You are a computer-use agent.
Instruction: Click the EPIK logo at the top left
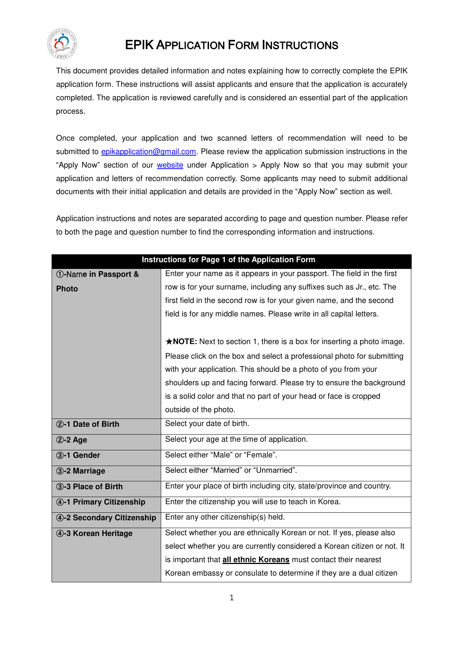coord(62,44)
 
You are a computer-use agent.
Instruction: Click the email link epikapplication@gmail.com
coord(148,151)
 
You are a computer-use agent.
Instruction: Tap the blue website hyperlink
coord(170,165)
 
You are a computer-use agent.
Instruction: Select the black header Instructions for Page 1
coord(228,260)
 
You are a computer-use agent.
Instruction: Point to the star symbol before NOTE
coord(169,341)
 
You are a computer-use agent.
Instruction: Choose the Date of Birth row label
coord(88,424)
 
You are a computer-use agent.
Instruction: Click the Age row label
coord(72,440)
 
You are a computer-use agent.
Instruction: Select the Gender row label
coord(78,455)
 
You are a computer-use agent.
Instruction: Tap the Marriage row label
coord(81,471)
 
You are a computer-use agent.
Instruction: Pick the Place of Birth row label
coord(89,487)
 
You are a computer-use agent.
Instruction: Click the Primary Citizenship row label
coord(101,502)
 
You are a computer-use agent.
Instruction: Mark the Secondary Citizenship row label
coord(106,518)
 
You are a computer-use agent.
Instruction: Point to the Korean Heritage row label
coord(94,533)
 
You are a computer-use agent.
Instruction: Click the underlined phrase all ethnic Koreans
coord(256,560)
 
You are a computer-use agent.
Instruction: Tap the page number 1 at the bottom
coord(232,598)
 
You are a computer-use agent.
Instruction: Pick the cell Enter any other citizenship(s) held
coord(225,517)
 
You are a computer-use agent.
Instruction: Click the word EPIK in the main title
coord(139,45)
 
